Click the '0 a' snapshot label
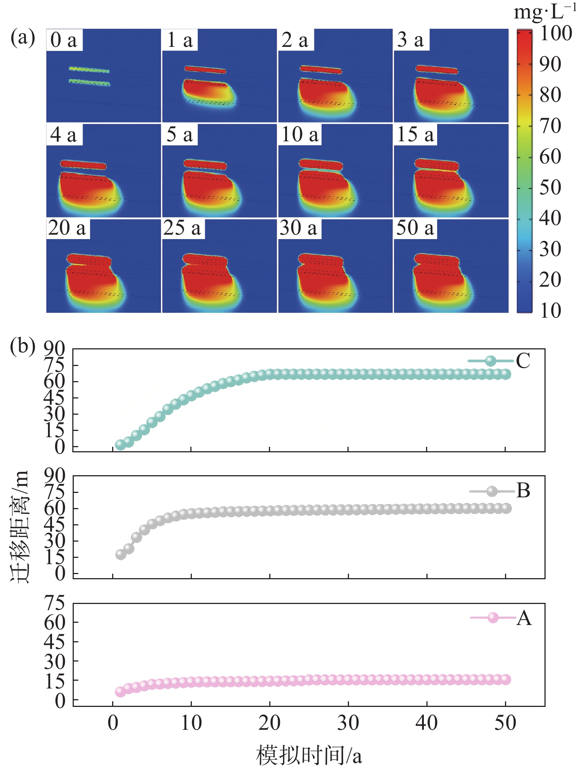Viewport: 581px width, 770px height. (x=64, y=40)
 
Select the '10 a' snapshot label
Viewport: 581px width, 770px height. (x=300, y=134)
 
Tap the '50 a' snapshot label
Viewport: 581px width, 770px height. (x=415, y=228)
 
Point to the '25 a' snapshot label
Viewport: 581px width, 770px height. (x=183, y=228)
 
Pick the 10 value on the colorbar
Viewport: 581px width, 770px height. (x=550, y=311)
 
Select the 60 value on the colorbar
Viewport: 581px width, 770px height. (x=550, y=156)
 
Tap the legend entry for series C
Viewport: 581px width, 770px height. (x=499, y=360)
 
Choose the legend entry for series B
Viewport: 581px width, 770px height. (x=499, y=491)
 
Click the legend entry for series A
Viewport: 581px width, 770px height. (x=501, y=618)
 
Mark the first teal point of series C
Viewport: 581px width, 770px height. (x=120, y=445)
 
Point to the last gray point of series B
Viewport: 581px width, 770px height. (x=506, y=508)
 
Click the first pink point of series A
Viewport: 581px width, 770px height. (x=120, y=691)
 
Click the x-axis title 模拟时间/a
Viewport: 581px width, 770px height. (x=309, y=755)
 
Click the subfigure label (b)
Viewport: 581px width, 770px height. (x=23, y=346)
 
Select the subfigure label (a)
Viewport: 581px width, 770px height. (x=23, y=38)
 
